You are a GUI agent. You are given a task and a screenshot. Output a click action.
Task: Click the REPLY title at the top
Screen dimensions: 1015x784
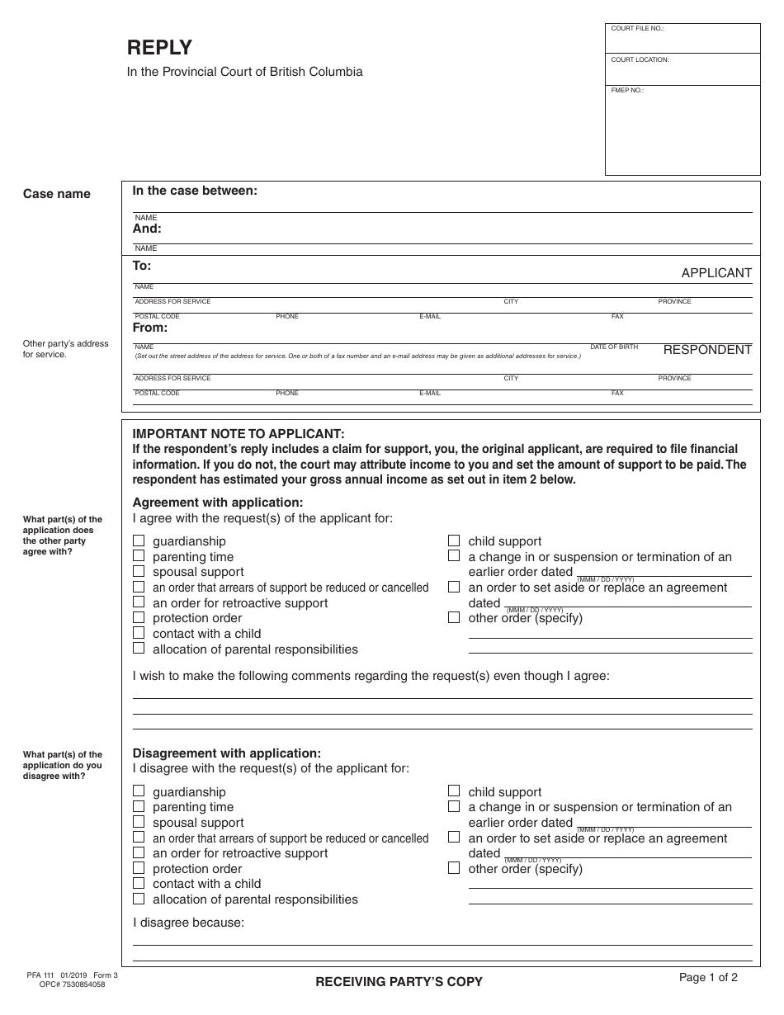pyautogui.click(x=159, y=47)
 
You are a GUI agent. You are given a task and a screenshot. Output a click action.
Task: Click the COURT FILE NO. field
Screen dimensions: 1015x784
pyautogui.click(x=682, y=39)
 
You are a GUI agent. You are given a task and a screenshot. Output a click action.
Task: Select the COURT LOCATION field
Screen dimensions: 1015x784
pyautogui.click(x=682, y=70)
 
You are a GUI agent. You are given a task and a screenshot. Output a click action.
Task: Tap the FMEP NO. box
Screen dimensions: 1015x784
pyautogui.click(x=682, y=130)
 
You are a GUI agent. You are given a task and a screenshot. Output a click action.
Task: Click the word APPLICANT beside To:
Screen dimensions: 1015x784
pyautogui.click(x=716, y=273)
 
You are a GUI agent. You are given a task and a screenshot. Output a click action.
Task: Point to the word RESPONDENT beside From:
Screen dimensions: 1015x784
pyautogui.click(x=707, y=350)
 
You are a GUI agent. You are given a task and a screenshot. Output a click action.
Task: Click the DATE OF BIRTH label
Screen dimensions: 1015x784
pyautogui.click(x=614, y=347)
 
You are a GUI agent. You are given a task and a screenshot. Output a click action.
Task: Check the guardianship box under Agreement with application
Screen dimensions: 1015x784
pyautogui.click(x=139, y=541)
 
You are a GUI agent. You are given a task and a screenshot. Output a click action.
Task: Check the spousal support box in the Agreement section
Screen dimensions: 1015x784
pyautogui.click(x=139, y=571)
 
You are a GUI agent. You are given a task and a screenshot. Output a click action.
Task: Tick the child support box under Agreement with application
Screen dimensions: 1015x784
pyautogui.click(x=454, y=541)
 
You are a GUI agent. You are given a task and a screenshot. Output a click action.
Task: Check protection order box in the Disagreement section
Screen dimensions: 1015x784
pyautogui.click(x=139, y=868)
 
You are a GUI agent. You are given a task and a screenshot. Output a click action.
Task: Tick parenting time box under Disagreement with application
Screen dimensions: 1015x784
pyautogui.click(x=139, y=806)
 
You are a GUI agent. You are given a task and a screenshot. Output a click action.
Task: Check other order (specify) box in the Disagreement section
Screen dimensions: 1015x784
pyautogui.click(x=454, y=868)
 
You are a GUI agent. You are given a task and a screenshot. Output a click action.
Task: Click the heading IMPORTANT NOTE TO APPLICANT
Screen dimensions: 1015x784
pyautogui.click(x=239, y=434)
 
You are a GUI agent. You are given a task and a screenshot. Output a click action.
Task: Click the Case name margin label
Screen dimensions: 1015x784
pyautogui.click(x=57, y=194)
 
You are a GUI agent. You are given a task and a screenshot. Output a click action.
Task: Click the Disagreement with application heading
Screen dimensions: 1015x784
pyautogui.click(x=227, y=753)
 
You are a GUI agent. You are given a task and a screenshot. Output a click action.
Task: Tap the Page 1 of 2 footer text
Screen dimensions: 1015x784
pyautogui.click(x=708, y=978)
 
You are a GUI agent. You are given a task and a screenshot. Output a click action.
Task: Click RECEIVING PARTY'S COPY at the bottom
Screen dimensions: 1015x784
pyautogui.click(x=399, y=982)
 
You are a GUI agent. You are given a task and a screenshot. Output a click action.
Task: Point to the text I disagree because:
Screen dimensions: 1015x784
pyautogui.click(x=189, y=923)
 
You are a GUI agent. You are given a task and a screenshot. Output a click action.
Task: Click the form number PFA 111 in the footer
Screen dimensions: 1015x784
pyautogui.click(x=40, y=975)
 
